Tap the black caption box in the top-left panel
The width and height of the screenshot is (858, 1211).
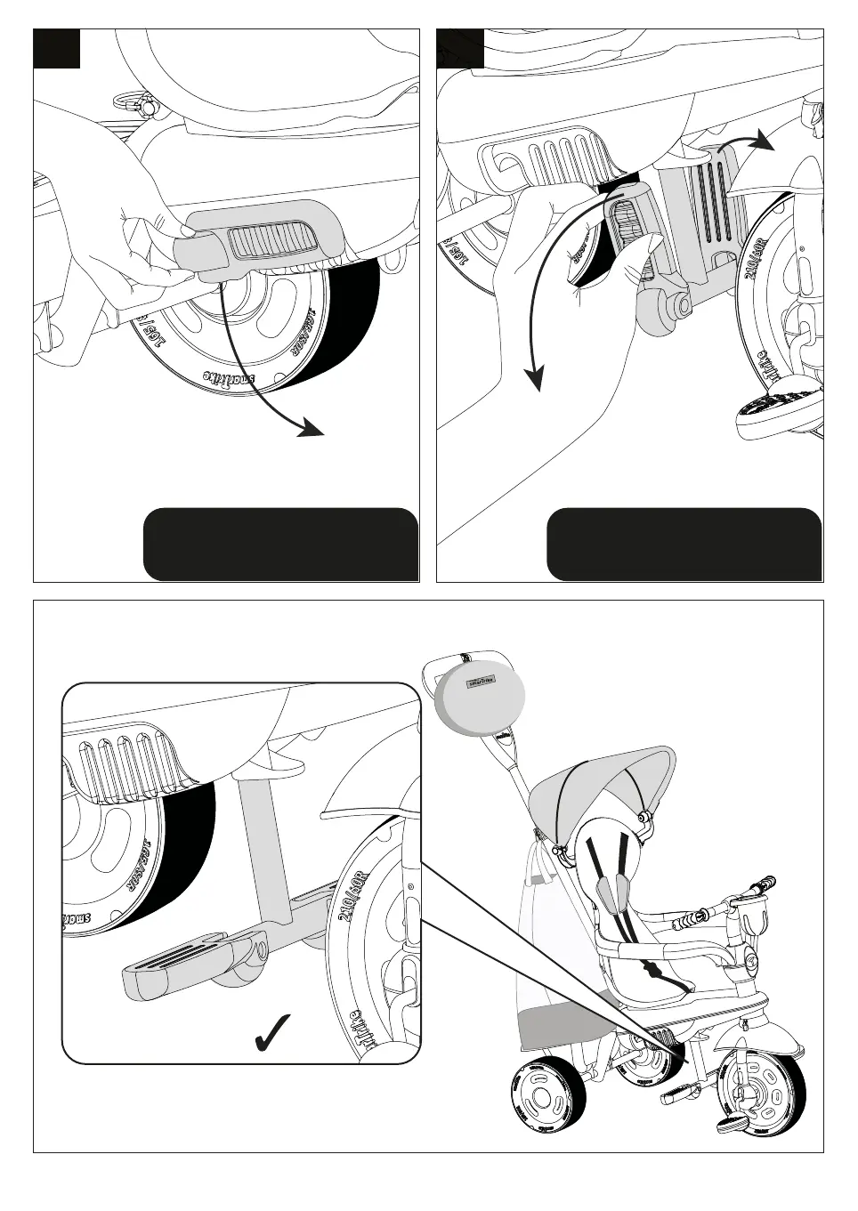coord(279,545)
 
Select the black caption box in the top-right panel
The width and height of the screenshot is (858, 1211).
coord(684,545)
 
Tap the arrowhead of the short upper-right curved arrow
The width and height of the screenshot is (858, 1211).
coord(761,141)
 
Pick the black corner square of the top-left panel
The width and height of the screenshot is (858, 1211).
coord(57,48)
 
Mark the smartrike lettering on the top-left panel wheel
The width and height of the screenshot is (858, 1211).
coord(229,376)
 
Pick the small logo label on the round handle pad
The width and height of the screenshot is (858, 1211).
coord(482,682)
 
